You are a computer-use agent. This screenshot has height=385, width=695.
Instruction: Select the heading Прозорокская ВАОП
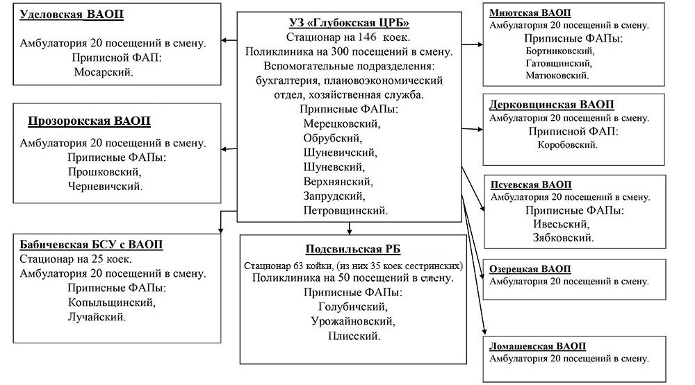[90, 121]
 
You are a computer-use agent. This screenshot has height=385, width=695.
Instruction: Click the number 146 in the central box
[368, 37]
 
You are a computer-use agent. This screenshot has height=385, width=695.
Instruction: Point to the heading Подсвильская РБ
[353, 250]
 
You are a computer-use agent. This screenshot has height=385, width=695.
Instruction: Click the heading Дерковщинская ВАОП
[552, 105]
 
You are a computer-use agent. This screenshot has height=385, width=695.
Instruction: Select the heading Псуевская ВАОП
[531, 185]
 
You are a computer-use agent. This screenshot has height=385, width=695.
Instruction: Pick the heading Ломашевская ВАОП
[538, 346]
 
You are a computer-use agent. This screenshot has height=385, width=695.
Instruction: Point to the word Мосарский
[104, 71]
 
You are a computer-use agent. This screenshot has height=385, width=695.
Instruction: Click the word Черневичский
[106, 186]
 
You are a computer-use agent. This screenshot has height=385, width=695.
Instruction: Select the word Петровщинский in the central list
[345, 209]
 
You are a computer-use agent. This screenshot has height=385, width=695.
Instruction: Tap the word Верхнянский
[338, 181]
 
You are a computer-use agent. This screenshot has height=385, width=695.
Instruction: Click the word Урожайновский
[353, 321]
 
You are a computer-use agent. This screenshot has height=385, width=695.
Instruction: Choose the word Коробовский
[567, 145]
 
